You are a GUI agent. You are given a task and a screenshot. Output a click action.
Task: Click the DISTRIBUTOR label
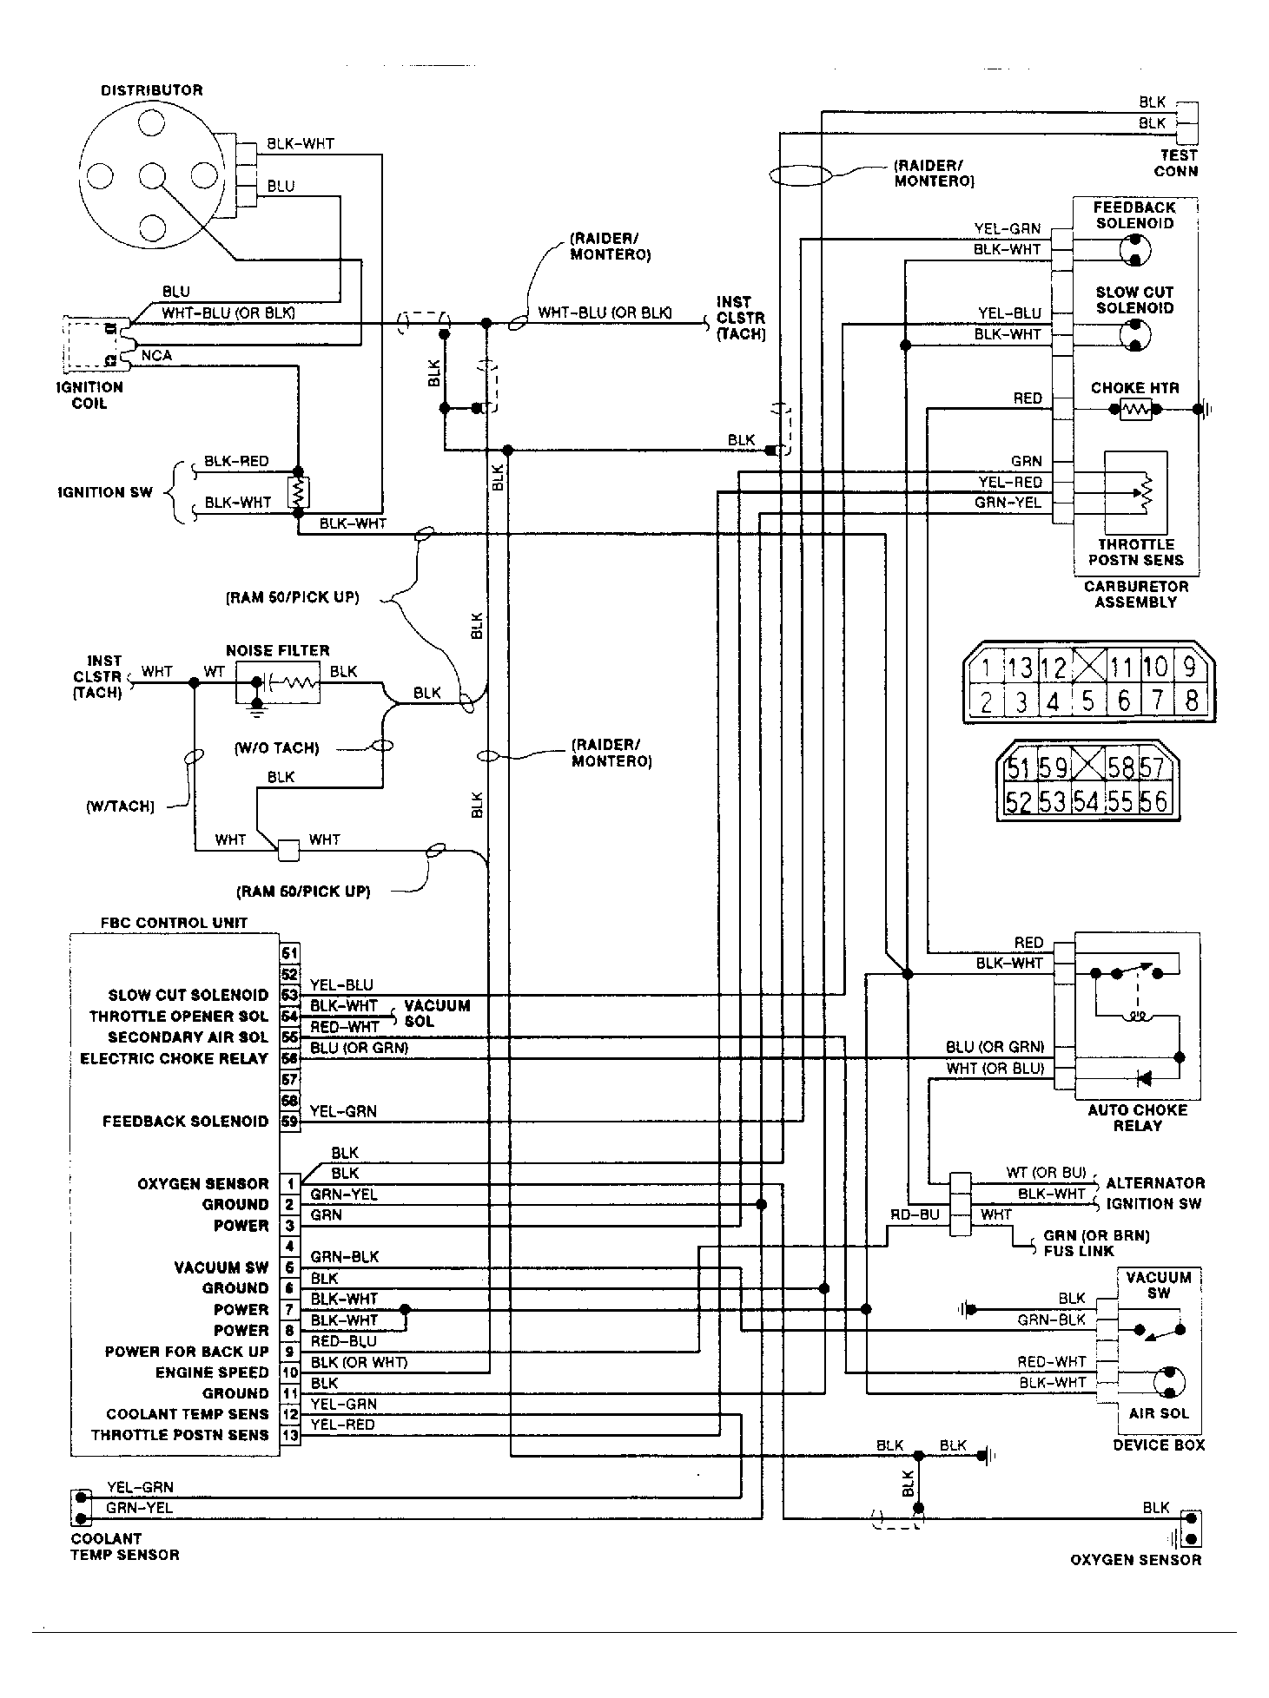[x=152, y=90]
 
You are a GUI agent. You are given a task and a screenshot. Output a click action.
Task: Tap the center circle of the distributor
[x=151, y=175]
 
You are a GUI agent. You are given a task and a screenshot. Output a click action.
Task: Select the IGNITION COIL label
[x=89, y=395]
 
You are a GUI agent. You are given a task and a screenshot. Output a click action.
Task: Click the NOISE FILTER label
[x=277, y=650]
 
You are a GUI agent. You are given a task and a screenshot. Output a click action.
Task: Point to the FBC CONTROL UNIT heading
[x=174, y=923]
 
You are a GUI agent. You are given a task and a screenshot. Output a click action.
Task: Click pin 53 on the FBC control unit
[x=289, y=995]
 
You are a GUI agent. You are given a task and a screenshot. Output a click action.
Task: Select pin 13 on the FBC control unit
[x=289, y=1435]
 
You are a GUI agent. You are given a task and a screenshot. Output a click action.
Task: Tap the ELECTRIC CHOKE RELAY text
[x=174, y=1058]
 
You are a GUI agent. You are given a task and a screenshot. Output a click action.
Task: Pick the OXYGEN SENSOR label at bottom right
[x=1135, y=1560]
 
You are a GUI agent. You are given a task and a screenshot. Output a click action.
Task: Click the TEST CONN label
[x=1176, y=163]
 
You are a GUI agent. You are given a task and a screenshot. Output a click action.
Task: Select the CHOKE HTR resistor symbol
[x=1135, y=409]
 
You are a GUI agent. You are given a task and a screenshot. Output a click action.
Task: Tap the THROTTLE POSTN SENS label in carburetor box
[x=1135, y=552]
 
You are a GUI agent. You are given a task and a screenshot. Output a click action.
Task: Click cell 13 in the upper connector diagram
[x=1020, y=668]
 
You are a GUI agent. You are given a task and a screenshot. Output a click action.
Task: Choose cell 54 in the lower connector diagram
[x=1086, y=801]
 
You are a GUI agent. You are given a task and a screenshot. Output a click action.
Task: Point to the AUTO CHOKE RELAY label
[x=1136, y=1117]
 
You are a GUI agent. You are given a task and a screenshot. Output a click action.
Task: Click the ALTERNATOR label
[x=1154, y=1182]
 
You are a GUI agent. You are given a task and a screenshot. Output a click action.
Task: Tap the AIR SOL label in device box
[x=1158, y=1413]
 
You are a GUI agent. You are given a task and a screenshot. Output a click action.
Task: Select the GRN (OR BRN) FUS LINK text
[x=1095, y=1243]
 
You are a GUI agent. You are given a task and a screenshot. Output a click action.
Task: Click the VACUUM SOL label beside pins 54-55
[x=437, y=1013]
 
